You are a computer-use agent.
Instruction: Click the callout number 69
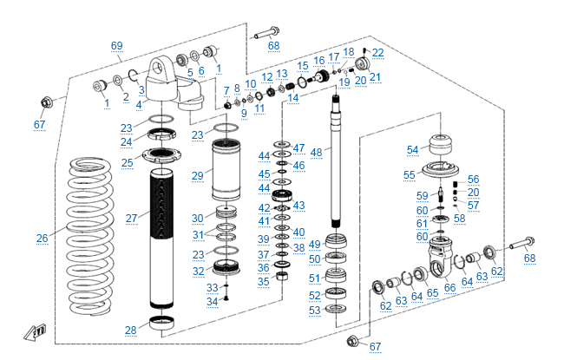(x=117, y=45)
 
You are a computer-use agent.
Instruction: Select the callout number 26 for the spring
(x=43, y=239)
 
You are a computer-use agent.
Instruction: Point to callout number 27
(x=132, y=218)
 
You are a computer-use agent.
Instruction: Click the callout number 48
(x=316, y=152)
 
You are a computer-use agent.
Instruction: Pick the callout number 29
(x=198, y=175)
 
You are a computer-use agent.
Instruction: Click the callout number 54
(x=413, y=149)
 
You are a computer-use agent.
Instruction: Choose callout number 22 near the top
(x=377, y=53)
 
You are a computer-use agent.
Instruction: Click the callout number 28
(x=131, y=330)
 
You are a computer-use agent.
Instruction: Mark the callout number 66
(x=449, y=288)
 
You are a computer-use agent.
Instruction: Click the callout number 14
(x=293, y=98)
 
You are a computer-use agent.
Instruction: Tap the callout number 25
(x=127, y=162)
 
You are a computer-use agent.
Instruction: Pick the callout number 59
(x=423, y=195)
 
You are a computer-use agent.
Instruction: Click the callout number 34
(x=213, y=301)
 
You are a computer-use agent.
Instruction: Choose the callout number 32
(x=198, y=272)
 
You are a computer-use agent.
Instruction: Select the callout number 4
(x=138, y=104)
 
